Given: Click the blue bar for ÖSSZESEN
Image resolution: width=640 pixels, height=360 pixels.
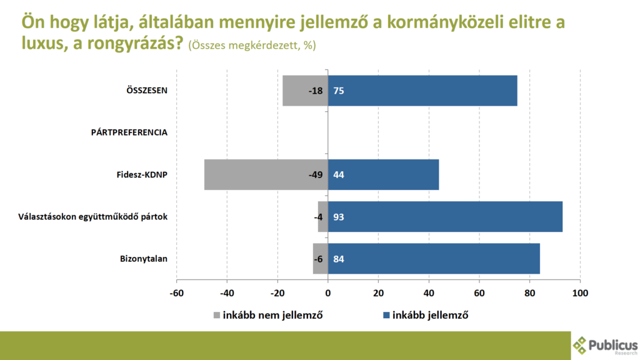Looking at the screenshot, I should tap(422, 91).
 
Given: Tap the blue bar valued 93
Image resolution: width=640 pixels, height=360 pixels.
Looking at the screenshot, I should tap(445, 217).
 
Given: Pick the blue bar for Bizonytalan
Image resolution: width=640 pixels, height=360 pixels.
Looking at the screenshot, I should tap(434, 259).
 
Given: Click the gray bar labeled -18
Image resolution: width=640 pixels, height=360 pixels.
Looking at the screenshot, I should tap(305, 91).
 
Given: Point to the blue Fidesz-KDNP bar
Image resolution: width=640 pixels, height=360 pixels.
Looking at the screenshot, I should tap(383, 174).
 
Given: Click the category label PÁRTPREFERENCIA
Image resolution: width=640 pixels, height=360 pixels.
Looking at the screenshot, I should tap(129, 132).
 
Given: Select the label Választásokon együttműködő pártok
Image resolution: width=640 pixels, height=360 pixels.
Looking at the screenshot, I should tap(92, 217).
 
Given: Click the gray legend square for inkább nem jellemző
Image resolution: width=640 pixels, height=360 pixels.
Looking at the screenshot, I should tap(217, 315).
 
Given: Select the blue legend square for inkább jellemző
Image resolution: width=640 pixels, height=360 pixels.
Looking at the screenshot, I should tap(387, 315).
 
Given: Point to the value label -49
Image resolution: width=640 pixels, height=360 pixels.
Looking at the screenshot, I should tap(315, 174).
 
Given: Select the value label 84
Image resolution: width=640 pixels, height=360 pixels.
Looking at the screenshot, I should tap(339, 259).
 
